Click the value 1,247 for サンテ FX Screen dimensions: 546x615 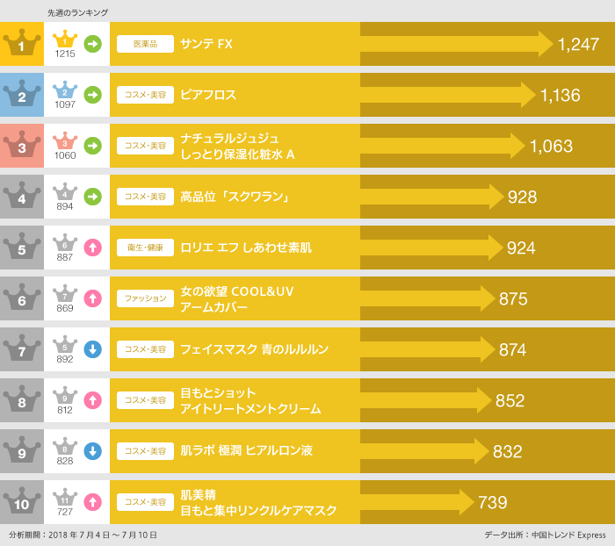(578, 44)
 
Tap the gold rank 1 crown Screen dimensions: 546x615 (21, 44)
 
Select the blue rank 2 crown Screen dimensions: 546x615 (21, 95)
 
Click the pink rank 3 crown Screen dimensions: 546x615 (21, 146)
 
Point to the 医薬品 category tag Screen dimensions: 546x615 (145, 44)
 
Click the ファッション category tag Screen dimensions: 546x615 (145, 298)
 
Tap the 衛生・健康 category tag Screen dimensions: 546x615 (145, 248)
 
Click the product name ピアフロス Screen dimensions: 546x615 (208, 95)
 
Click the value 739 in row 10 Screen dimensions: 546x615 (493, 502)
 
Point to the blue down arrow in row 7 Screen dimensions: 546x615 (93, 349)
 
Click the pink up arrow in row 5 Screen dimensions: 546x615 (93, 248)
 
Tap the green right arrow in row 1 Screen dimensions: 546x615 (93, 44)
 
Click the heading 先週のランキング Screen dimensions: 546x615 (78, 12)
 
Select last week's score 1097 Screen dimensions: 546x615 (65, 104)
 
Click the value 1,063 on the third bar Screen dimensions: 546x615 (551, 146)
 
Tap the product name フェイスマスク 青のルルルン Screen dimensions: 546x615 (254, 349)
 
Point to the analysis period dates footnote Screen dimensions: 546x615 (83, 535)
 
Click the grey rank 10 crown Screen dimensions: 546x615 (21, 502)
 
